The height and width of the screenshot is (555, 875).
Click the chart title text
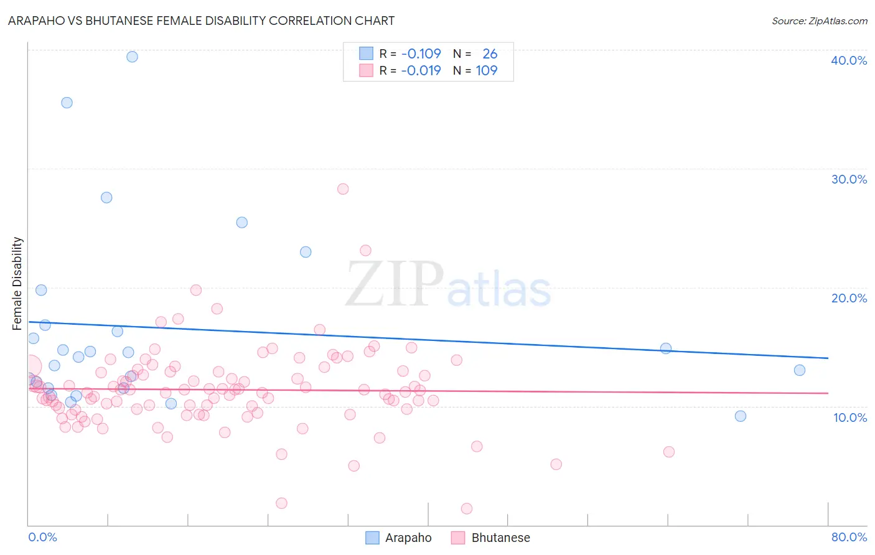pyautogui.click(x=201, y=21)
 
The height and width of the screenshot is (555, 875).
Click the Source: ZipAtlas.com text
pyautogui.click(x=819, y=21)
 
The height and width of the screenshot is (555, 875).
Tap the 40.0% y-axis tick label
pyautogui.click(x=849, y=60)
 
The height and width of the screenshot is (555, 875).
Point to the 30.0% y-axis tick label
pyautogui.click(x=849, y=179)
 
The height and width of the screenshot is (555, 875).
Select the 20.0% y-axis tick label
pyautogui.click(x=849, y=298)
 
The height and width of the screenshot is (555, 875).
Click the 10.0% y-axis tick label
pyautogui.click(x=850, y=417)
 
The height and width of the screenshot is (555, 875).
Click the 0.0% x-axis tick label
pyautogui.click(x=42, y=537)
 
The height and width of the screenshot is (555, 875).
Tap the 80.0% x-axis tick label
pyautogui.click(x=849, y=537)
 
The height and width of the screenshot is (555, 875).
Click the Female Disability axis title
pyautogui.click(x=17, y=283)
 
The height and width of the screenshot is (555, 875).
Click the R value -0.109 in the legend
pyautogui.click(x=421, y=54)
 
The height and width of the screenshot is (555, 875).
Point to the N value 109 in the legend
pyautogui.click(x=487, y=71)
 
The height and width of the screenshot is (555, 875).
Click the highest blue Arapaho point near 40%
pyautogui.click(x=132, y=57)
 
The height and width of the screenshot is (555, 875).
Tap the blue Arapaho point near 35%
pyautogui.click(x=67, y=103)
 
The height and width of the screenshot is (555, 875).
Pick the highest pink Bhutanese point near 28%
pyautogui.click(x=343, y=189)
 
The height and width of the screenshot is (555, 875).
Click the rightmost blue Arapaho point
pyautogui.click(x=800, y=370)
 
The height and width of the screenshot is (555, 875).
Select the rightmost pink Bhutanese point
pyautogui.click(x=669, y=452)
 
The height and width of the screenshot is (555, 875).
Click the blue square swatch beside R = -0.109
pyautogui.click(x=366, y=54)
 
